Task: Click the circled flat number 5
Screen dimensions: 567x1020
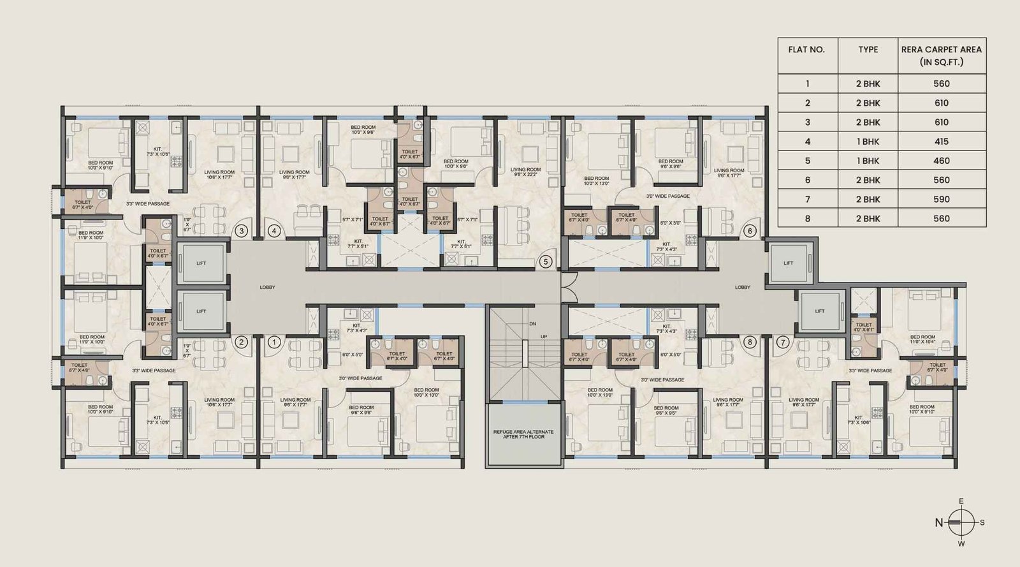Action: tap(546, 261)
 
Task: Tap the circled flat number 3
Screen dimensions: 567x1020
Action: tap(242, 231)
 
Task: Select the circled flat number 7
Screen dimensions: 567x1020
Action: tap(782, 342)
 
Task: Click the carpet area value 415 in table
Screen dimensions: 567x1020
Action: tap(941, 142)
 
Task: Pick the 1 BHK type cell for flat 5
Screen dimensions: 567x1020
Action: tap(868, 161)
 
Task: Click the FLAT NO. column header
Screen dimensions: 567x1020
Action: tap(807, 50)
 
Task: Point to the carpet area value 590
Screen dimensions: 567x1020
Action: tap(941, 199)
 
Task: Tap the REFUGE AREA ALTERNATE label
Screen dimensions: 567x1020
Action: tap(523, 434)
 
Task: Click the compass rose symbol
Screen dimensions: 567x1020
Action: tap(961, 522)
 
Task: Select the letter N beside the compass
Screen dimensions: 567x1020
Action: tap(939, 522)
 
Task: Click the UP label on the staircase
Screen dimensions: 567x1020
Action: tap(544, 335)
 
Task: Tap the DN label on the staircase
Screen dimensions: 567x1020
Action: tap(532, 324)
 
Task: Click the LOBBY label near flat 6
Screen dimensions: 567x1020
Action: tap(743, 287)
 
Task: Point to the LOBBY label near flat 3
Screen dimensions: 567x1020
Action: tap(267, 287)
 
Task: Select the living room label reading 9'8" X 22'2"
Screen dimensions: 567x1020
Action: tap(525, 172)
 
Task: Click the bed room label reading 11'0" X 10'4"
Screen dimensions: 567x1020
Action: tap(922, 340)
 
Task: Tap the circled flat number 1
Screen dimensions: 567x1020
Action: tap(273, 342)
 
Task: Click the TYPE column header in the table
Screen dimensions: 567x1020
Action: tap(868, 50)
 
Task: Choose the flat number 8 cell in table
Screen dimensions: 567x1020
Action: tap(807, 218)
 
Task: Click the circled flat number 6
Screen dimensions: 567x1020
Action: tap(750, 231)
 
